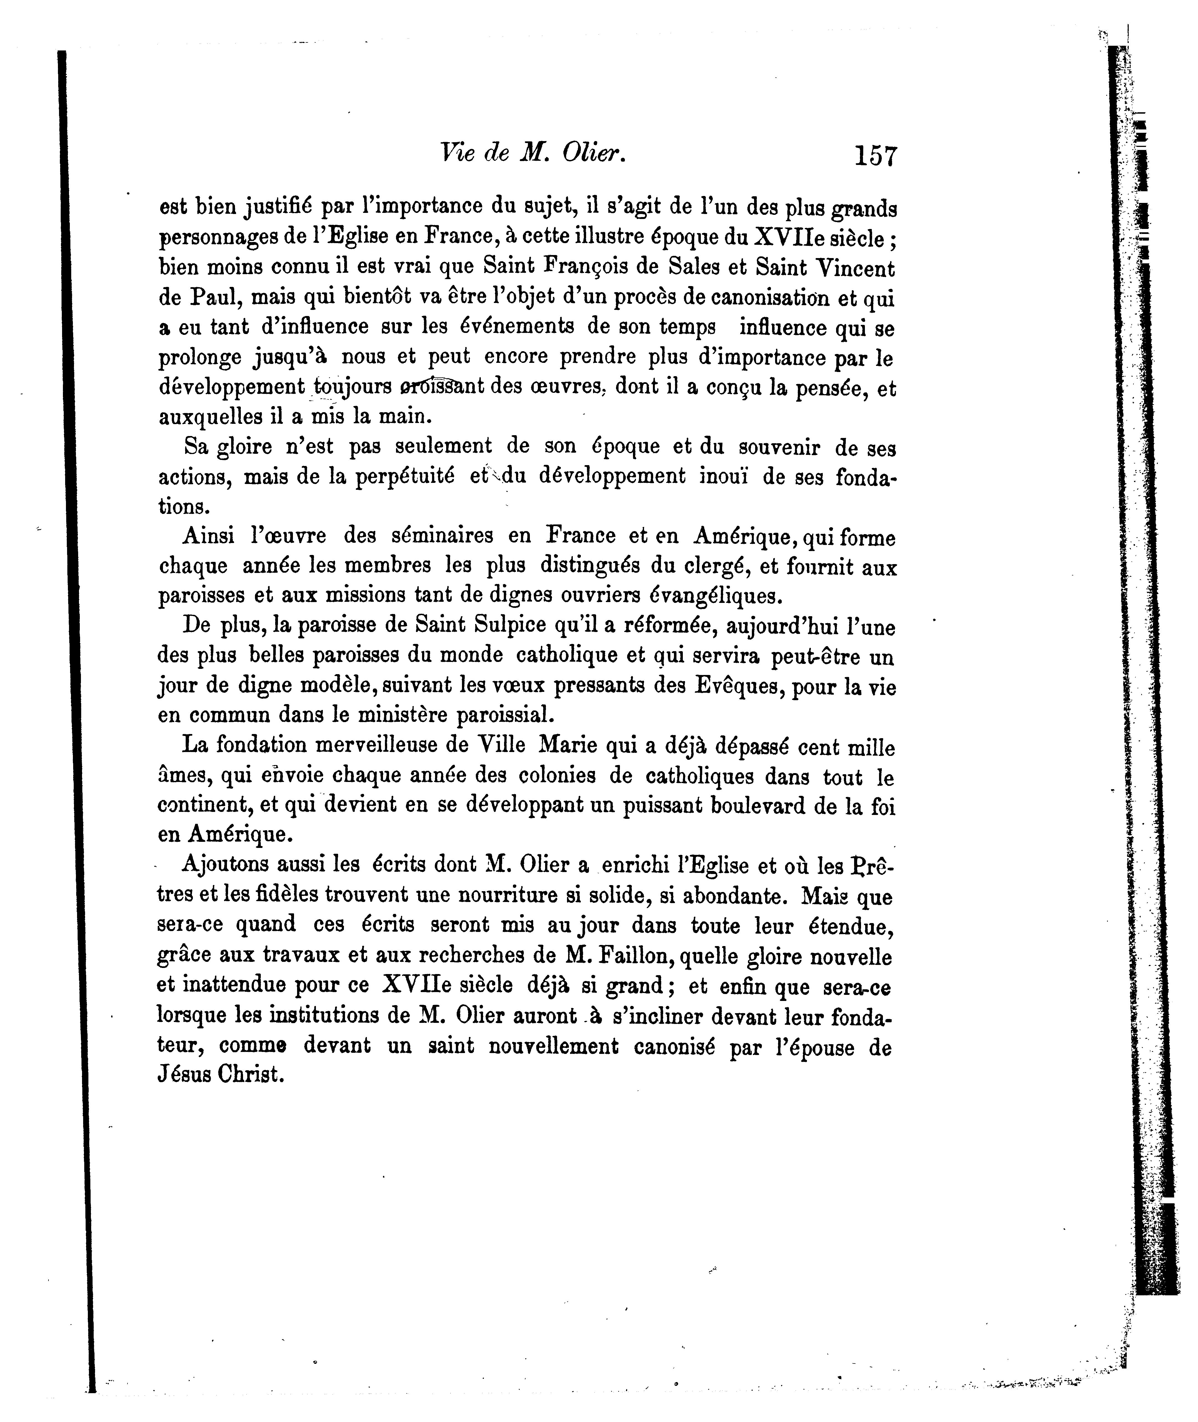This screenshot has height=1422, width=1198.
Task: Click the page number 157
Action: point(876,156)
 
